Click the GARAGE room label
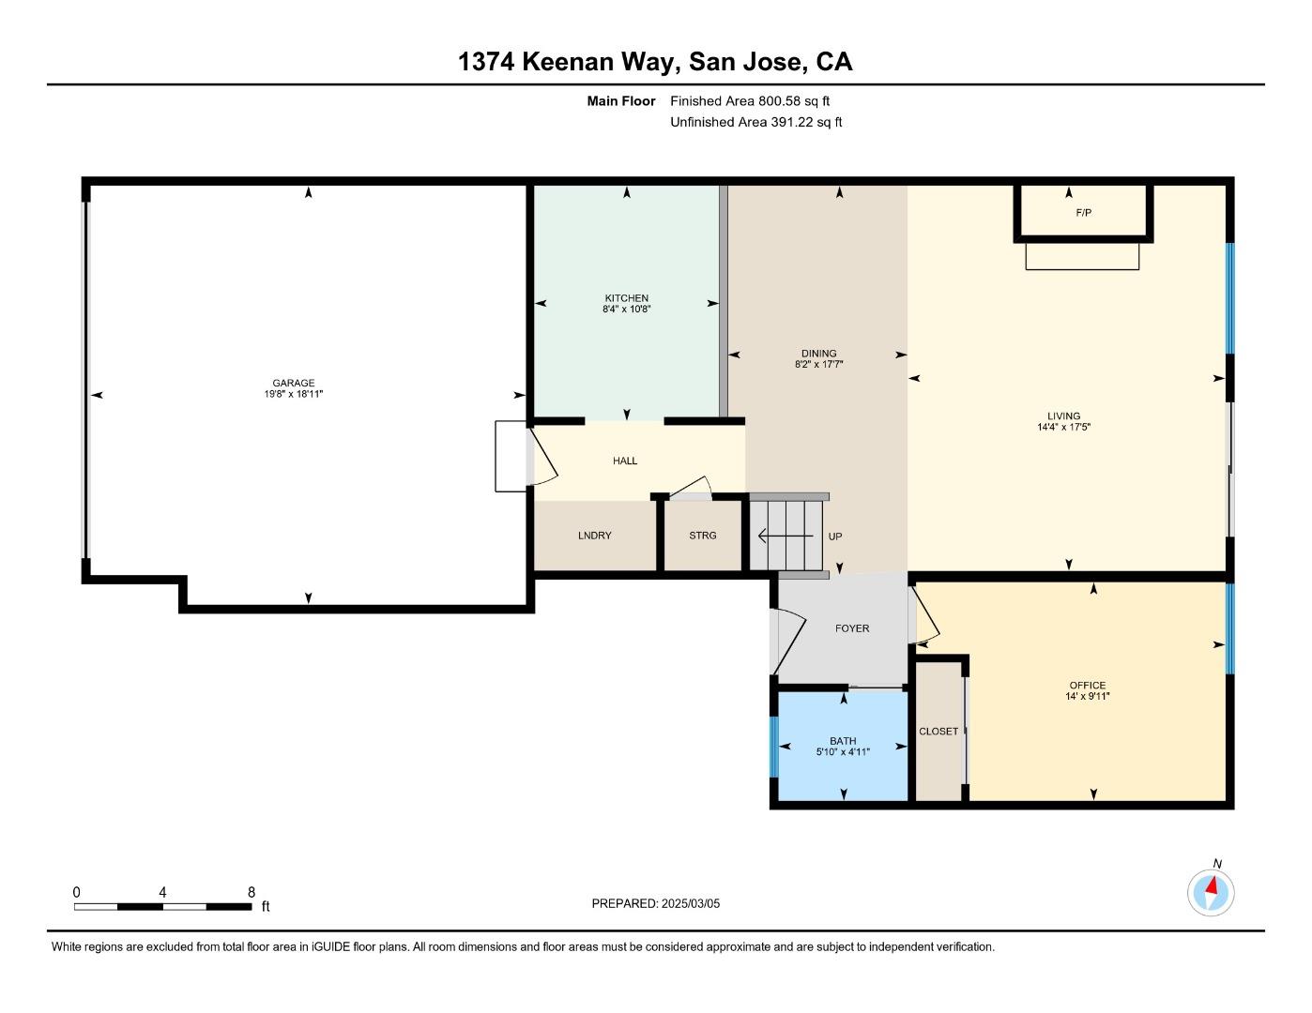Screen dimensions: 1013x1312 [294, 383]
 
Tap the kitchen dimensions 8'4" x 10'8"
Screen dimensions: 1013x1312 [626, 310]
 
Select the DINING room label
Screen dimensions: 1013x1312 [818, 354]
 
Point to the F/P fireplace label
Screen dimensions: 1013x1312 [1083, 213]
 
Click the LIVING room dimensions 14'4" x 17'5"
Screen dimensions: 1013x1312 [1063, 428]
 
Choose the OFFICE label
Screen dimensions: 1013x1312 [1088, 685]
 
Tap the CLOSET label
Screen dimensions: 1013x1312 [938, 732]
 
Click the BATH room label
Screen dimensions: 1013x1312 [843, 741]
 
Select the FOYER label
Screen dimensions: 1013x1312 [852, 628]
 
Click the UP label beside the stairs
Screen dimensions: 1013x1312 [834, 537]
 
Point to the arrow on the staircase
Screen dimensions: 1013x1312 [785, 537]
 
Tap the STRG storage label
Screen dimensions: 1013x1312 [702, 536]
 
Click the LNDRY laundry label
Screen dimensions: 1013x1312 [594, 536]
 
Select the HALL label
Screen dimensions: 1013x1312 [625, 461]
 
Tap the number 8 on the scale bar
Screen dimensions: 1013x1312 [251, 892]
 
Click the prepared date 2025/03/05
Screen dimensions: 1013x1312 [690, 904]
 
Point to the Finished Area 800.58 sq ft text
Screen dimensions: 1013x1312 [749, 101]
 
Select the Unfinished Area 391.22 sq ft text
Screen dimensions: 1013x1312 [755, 123]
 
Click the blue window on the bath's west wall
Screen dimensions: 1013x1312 [774, 748]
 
